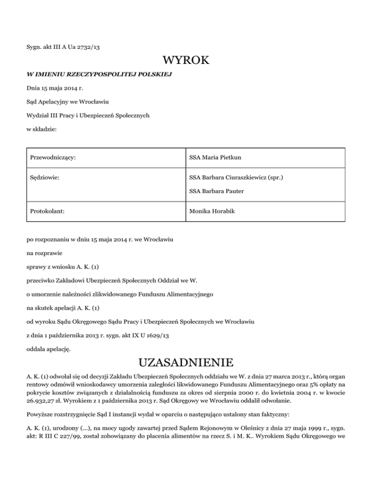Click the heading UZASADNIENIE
(x=186, y=362)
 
